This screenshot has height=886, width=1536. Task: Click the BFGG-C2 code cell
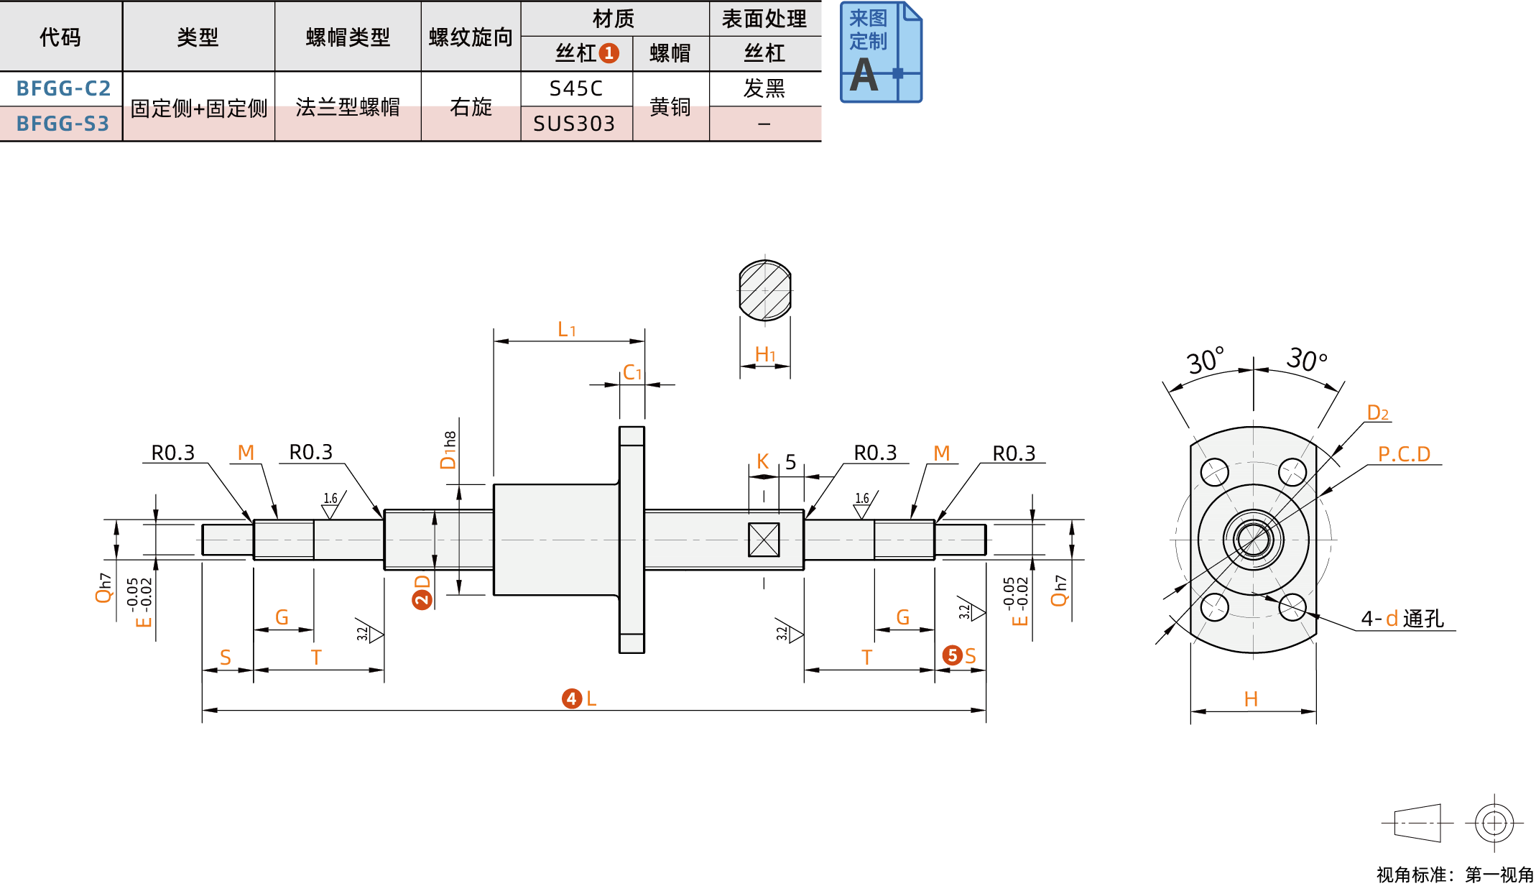pyautogui.click(x=63, y=88)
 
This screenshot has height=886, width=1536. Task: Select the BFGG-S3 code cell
pyautogui.click(x=63, y=124)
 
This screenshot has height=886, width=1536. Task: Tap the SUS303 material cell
pyautogui.click(x=574, y=124)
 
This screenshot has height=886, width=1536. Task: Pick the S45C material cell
pyautogui.click(x=575, y=88)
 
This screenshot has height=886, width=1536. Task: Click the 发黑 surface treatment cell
pyautogui.click(x=764, y=88)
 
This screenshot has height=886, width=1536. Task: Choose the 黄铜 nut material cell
pyautogui.click(x=670, y=107)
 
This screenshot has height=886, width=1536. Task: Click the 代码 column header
pyautogui.click(x=60, y=37)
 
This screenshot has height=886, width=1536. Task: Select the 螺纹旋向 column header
pyautogui.click(x=471, y=37)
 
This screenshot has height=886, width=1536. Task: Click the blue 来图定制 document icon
pyautogui.click(x=881, y=52)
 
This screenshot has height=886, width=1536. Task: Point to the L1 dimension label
pyautogui.click(x=567, y=329)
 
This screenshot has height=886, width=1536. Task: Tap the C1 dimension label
pyautogui.click(x=632, y=372)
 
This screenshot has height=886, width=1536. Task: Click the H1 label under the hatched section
pyautogui.click(x=765, y=354)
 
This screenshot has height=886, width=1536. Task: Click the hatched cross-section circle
pyautogui.click(x=765, y=290)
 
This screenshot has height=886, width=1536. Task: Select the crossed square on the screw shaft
pyautogui.click(x=764, y=539)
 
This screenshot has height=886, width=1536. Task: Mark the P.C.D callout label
pyautogui.click(x=1404, y=454)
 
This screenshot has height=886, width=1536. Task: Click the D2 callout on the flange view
pyautogui.click(x=1377, y=412)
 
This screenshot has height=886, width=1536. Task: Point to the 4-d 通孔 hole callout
pyautogui.click(x=1402, y=618)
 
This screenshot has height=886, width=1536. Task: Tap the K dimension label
pyautogui.click(x=763, y=461)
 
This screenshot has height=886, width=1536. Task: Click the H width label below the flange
pyautogui.click(x=1251, y=699)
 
